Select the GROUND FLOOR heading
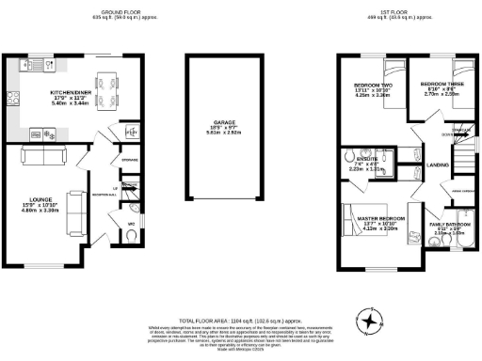(x=120, y=12)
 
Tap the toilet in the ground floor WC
(x=132, y=209)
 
